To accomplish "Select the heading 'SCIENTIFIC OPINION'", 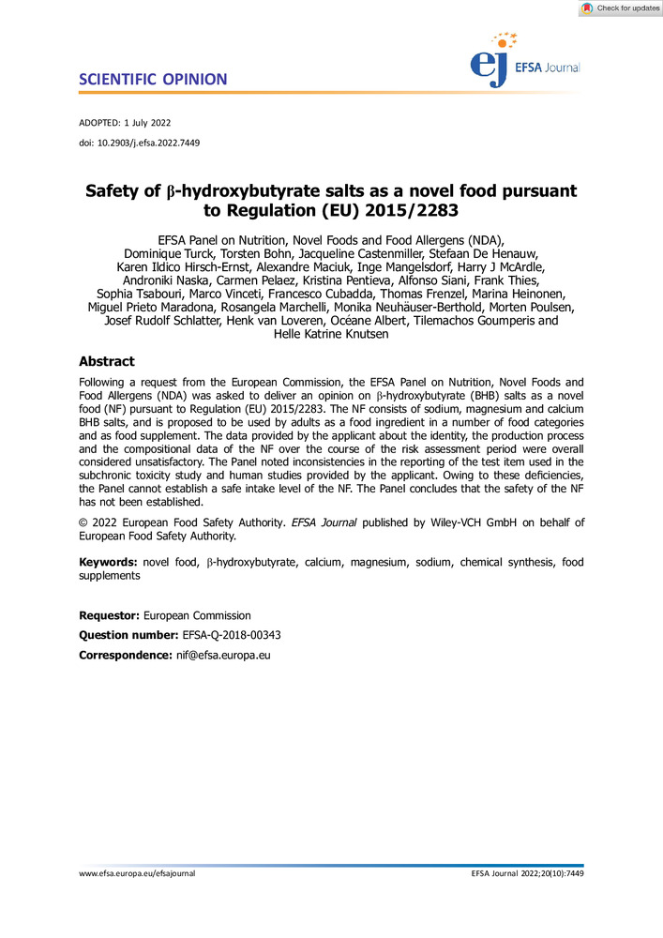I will point(153,79).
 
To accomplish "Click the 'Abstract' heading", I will point(106,362).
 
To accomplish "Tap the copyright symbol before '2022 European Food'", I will point(83,522).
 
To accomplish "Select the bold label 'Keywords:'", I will point(108,562).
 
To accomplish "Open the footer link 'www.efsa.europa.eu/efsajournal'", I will point(137,873).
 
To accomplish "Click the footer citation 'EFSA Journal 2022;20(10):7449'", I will point(528,873).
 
